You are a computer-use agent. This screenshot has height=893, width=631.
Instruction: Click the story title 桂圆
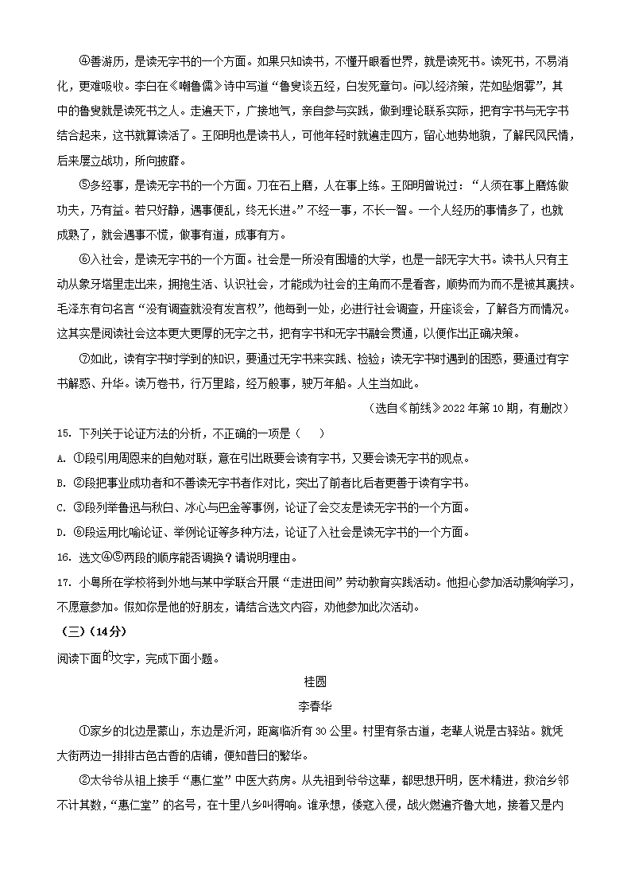coord(315,681)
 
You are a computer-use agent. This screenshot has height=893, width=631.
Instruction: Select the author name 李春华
coord(315,705)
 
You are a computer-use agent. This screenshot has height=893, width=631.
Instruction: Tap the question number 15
coord(63,433)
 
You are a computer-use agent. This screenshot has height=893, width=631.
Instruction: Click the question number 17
coord(63,583)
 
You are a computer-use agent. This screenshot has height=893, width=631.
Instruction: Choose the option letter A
coord(61,458)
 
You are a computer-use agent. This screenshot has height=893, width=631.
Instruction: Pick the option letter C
coord(61,507)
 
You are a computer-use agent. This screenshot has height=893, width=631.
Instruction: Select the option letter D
coord(61,532)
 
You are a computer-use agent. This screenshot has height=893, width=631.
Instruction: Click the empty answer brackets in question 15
coord(310,433)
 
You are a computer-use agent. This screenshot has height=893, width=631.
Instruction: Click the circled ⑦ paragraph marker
coord(84,359)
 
